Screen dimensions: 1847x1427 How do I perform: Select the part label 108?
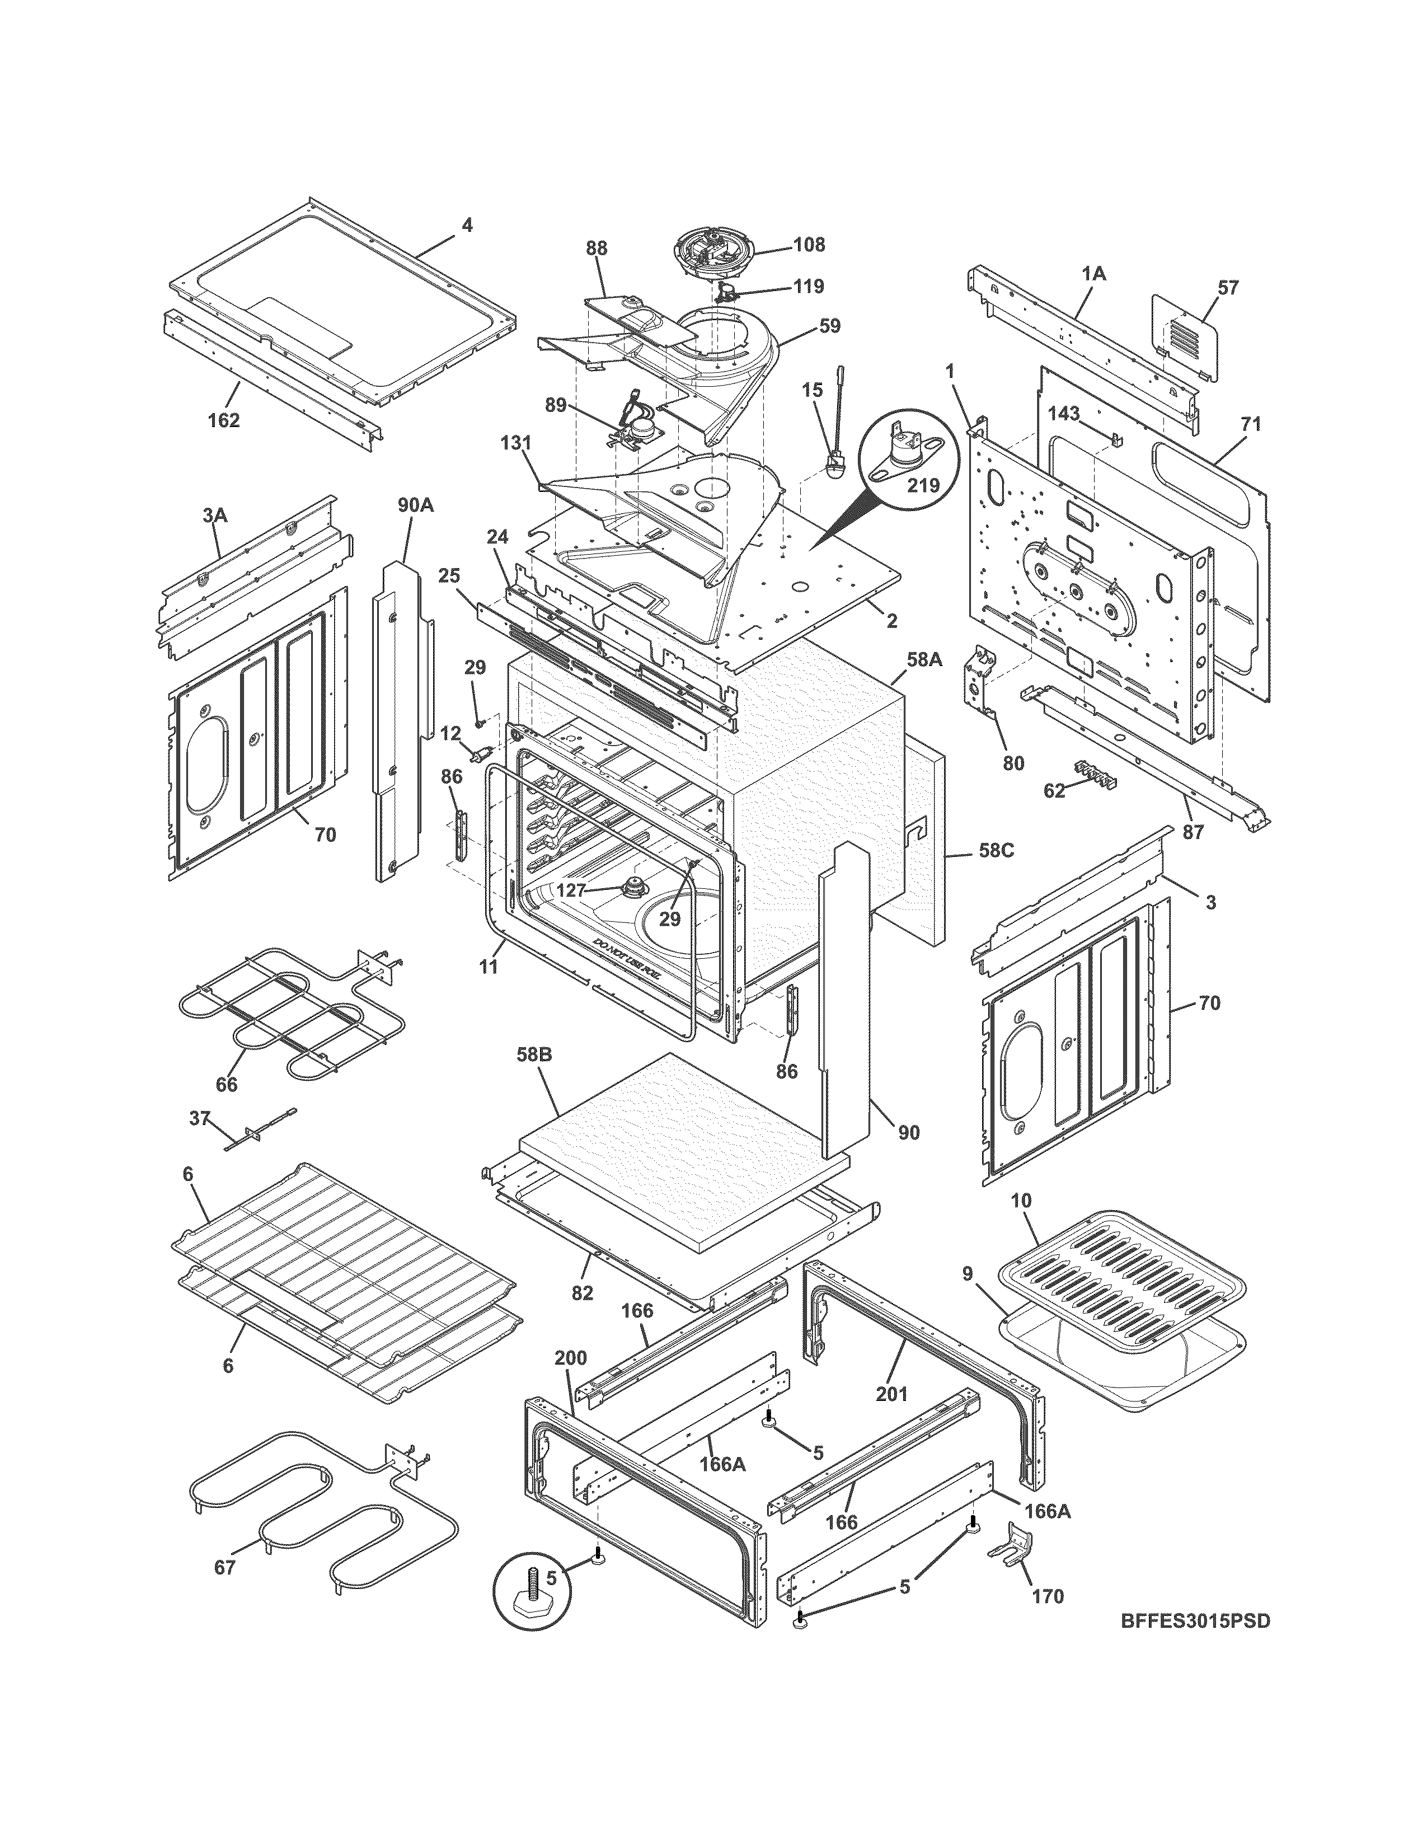point(809,245)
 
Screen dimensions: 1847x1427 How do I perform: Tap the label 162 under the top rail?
point(223,420)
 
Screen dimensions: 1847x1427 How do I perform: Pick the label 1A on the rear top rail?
point(1093,274)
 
